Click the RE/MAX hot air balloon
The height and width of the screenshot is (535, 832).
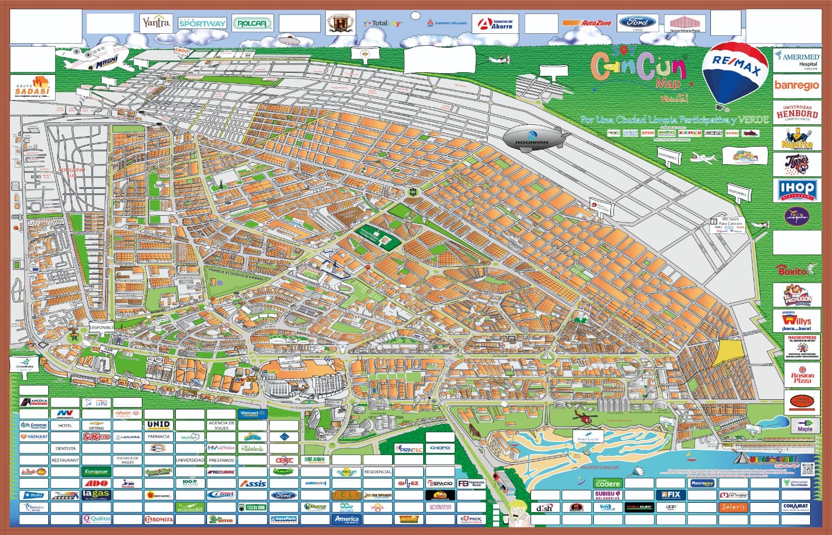pyautogui.click(x=734, y=73)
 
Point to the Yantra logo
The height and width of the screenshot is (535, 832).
pyautogui.click(x=156, y=23)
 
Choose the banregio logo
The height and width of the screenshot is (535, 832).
pyautogui.click(x=796, y=85)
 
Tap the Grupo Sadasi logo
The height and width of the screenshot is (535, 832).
pyautogui.click(x=32, y=87)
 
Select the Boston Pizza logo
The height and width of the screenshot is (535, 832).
pyautogui.click(x=802, y=377)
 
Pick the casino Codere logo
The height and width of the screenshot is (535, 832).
pyautogui.click(x=607, y=483)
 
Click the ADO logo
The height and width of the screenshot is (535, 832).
pyautogui.click(x=96, y=483)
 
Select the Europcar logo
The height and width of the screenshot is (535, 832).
pyautogui.click(x=96, y=472)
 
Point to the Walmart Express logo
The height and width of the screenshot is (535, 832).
pyautogui.click(x=252, y=413)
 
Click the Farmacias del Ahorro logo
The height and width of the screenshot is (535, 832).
pyautogui.click(x=496, y=23)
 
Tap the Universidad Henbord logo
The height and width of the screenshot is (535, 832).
pyautogui.click(x=796, y=112)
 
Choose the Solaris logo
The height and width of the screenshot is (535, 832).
pyautogui.click(x=733, y=506)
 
